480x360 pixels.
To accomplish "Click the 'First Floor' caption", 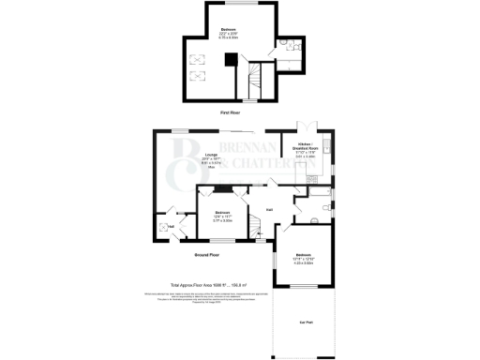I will click(x=231, y=112).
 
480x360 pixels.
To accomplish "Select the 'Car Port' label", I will click(x=305, y=322).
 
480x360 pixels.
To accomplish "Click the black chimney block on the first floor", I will click(x=228, y=59).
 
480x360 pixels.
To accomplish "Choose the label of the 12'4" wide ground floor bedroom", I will click(x=222, y=217).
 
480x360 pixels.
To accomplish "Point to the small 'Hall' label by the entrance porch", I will click(x=172, y=224).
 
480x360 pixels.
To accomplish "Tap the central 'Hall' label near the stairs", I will click(x=269, y=209).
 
